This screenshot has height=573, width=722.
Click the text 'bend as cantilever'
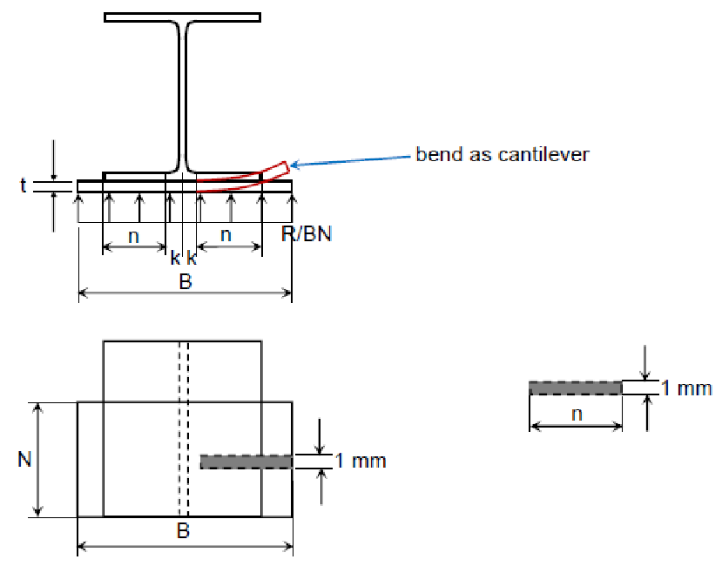(x=503, y=155)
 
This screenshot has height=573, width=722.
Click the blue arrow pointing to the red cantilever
(x=348, y=160)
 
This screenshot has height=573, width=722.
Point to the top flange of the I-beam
(x=182, y=17)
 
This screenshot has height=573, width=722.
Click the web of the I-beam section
(x=183, y=96)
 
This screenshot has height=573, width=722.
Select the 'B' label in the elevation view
(x=185, y=281)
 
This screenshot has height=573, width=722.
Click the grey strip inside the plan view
(x=246, y=462)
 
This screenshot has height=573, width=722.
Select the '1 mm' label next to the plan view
(x=366, y=461)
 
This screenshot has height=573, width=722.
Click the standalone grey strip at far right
(x=575, y=388)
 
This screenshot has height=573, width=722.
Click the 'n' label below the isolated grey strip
(x=576, y=414)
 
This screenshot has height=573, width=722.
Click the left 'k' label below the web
(x=175, y=258)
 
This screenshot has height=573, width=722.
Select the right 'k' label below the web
(x=192, y=258)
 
